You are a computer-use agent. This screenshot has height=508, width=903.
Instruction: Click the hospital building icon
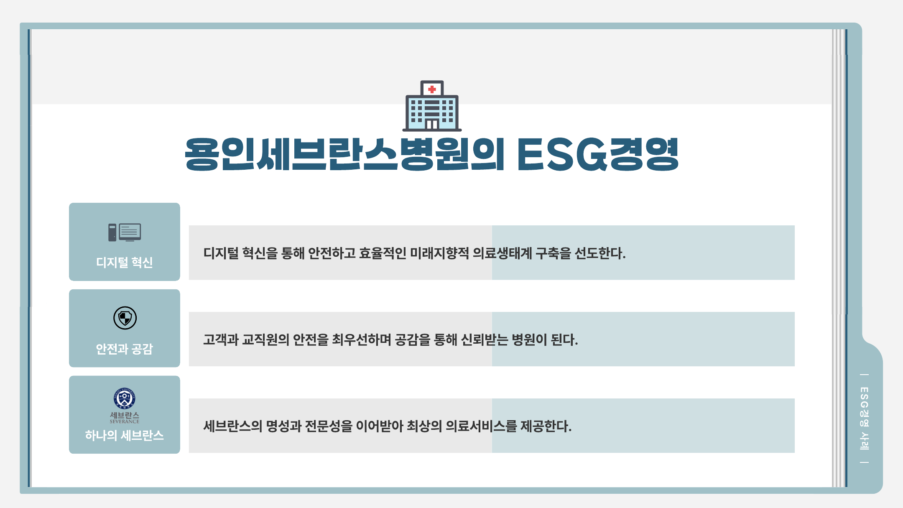pyautogui.click(x=432, y=106)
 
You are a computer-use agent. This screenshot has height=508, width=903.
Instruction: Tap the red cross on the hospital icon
pyautogui.click(x=432, y=89)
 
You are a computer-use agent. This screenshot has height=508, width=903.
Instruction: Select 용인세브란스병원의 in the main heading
pyautogui.click(x=344, y=154)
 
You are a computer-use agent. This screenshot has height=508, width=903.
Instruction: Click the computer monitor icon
pyautogui.click(x=125, y=232)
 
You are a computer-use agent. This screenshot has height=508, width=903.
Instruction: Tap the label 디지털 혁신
pyautogui.click(x=125, y=263)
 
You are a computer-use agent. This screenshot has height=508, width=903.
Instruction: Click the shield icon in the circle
pyautogui.click(x=125, y=318)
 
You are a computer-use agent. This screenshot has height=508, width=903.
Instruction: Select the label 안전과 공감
pyautogui.click(x=125, y=349)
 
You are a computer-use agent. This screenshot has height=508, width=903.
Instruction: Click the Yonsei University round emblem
pyautogui.click(x=125, y=398)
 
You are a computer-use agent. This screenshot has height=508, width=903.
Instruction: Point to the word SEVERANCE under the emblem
pyautogui.click(x=125, y=421)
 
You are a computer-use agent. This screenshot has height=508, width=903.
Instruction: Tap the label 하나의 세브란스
pyautogui.click(x=125, y=436)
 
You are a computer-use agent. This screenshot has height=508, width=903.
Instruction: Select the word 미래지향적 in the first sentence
pyautogui.click(x=439, y=253)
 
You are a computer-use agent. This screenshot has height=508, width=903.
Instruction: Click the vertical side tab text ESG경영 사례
pyautogui.click(x=864, y=419)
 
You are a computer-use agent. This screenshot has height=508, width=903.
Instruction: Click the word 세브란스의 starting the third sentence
pyautogui.click(x=233, y=426)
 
